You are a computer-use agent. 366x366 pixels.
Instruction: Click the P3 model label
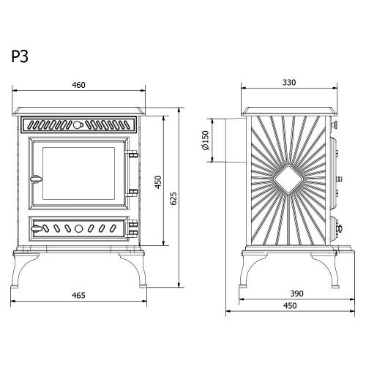pyautogui.click(x=20, y=56)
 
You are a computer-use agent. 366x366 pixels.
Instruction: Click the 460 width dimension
pyautogui.click(x=78, y=85)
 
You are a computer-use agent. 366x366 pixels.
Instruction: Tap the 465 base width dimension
pyautogui.click(x=78, y=296)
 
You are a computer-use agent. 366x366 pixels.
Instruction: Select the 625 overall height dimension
pyautogui.click(x=173, y=198)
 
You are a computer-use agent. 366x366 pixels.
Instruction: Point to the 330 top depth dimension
pyautogui.click(x=289, y=83)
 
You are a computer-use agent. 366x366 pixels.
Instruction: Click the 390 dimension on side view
pyautogui.click(x=296, y=294)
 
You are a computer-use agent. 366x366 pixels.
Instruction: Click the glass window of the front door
pyautogui.click(x=78, y=173)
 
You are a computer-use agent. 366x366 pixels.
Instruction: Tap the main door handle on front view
pyautogui.click(x=36, y=179)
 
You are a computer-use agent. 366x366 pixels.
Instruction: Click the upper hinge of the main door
pyautogui.click(x=132, y=154)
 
